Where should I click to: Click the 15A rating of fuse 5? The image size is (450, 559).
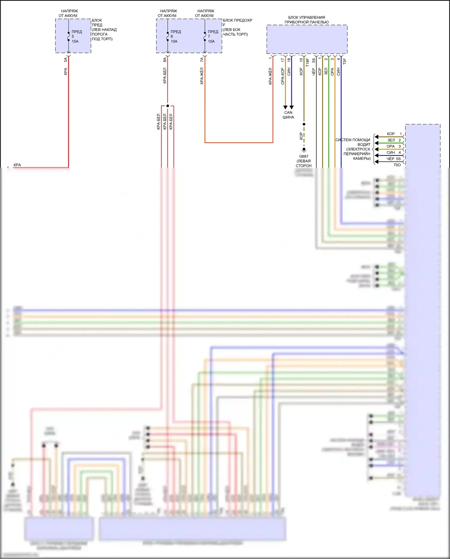pos(75,41)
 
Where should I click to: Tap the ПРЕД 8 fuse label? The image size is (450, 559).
pos(175,34)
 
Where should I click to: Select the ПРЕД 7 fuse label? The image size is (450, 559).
pos(213,34)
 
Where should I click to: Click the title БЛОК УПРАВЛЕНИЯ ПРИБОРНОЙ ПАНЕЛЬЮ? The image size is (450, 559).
pos(307,20)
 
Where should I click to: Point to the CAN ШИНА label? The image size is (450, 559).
pos(288,115)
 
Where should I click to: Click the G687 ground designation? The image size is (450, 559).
pos(304,156)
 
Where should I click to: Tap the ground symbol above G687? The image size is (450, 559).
pos(304,150)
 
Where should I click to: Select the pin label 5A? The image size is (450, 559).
pos(66,60)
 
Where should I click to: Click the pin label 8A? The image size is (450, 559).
pos(165,60)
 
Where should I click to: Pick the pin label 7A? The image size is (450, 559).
pos(202,60)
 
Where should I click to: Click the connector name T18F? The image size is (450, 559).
pos(307,62)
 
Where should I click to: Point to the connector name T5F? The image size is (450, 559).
pos(344,61)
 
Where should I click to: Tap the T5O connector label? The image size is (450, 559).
pos(397,165)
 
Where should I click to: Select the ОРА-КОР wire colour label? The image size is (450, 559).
pos(283,76)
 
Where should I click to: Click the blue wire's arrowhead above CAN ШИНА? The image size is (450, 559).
pos(292,107)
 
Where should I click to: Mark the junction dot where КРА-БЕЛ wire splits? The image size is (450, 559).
pos(168,106)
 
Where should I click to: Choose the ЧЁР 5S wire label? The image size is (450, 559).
pos(393,159)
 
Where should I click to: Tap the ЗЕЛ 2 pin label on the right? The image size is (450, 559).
pos(394,140)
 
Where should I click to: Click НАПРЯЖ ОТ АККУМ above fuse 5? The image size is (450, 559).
pos(68,13)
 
